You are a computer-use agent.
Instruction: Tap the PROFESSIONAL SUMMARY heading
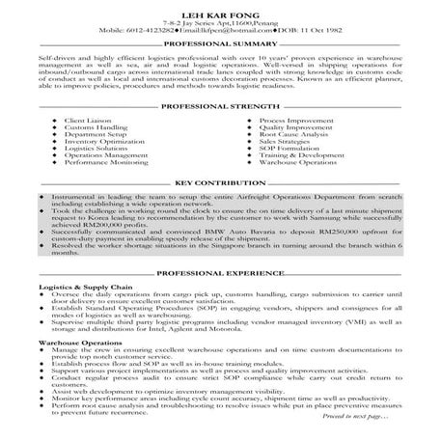tap(219, 45)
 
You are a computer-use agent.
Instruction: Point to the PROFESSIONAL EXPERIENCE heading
tap(219, 273)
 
